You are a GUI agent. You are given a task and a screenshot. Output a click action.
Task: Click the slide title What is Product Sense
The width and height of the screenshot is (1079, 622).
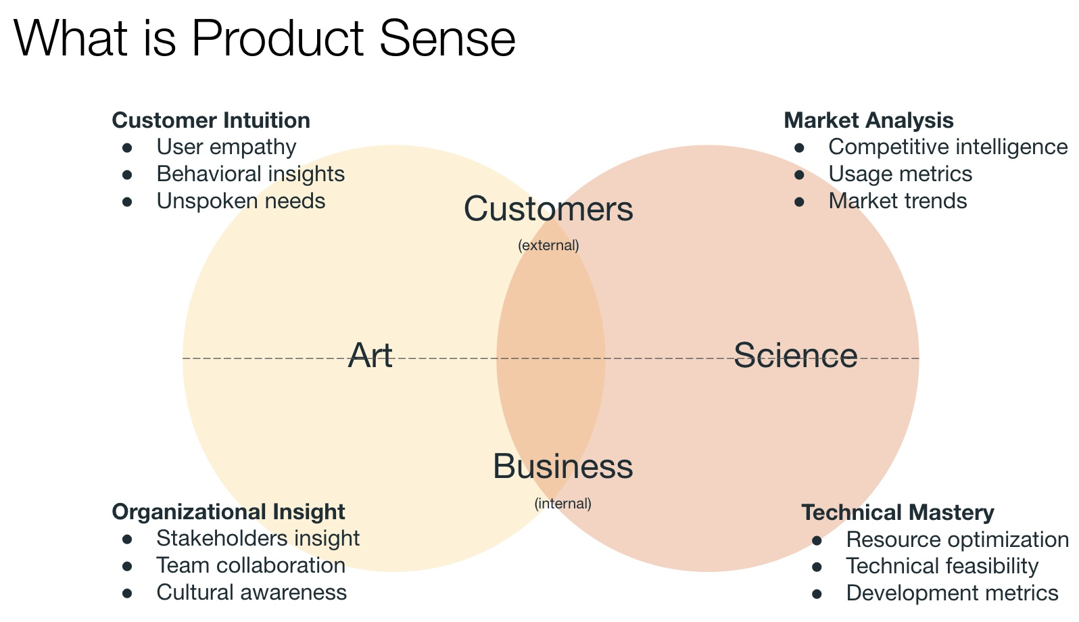[x=264, y=38]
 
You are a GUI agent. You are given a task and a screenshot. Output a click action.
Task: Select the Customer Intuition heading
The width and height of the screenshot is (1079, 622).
[x=211, y=120]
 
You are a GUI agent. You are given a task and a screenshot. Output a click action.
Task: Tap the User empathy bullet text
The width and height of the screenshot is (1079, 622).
[x=226, y=147]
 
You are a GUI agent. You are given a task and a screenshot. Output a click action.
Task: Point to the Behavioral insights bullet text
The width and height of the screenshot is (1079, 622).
[x=250, y=174]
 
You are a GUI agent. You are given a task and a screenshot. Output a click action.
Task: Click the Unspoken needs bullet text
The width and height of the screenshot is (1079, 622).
[x=241, y=201]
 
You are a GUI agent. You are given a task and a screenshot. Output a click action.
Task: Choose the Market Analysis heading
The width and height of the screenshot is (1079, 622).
[x=868, y=120]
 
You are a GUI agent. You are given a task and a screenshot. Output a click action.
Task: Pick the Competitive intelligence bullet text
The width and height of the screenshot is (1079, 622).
[x=947, y=147]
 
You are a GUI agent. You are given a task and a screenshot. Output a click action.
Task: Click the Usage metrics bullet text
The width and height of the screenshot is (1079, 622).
[x=900, y=174]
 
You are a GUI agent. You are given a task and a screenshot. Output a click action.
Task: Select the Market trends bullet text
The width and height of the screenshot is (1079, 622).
[x=897, y=201]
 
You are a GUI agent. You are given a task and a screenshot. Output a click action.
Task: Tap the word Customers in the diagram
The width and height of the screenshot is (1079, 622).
[x=548, y=209]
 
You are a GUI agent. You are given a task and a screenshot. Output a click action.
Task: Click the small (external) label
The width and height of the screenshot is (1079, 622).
[x=548, y=245]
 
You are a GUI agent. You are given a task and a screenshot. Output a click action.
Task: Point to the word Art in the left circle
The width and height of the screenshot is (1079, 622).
[x=370, y=356]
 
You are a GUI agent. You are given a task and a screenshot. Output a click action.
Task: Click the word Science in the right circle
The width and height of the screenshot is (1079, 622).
[x=795, y=356]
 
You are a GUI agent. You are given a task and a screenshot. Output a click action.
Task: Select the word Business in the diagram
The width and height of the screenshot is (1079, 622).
[x=562, y=466]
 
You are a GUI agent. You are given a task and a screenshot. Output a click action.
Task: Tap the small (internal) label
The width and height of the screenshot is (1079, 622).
[x=562, y=504]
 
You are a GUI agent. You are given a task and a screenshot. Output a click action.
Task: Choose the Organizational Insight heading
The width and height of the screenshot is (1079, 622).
[x=229, y=512]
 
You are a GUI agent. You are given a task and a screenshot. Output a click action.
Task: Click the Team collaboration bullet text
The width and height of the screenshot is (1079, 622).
[x=250, y=565]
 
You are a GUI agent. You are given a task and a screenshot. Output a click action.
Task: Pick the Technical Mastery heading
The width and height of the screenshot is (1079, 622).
[x=897, y=512]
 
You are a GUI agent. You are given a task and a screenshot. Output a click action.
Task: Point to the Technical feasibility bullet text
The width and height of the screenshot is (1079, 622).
[x=942, y=566]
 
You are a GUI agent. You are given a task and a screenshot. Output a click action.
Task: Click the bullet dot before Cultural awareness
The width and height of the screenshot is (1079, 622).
[x=128, y=594]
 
